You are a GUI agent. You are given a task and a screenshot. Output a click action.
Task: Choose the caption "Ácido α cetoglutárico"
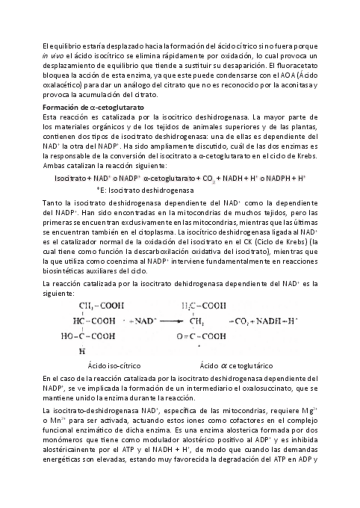pos(235,365)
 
